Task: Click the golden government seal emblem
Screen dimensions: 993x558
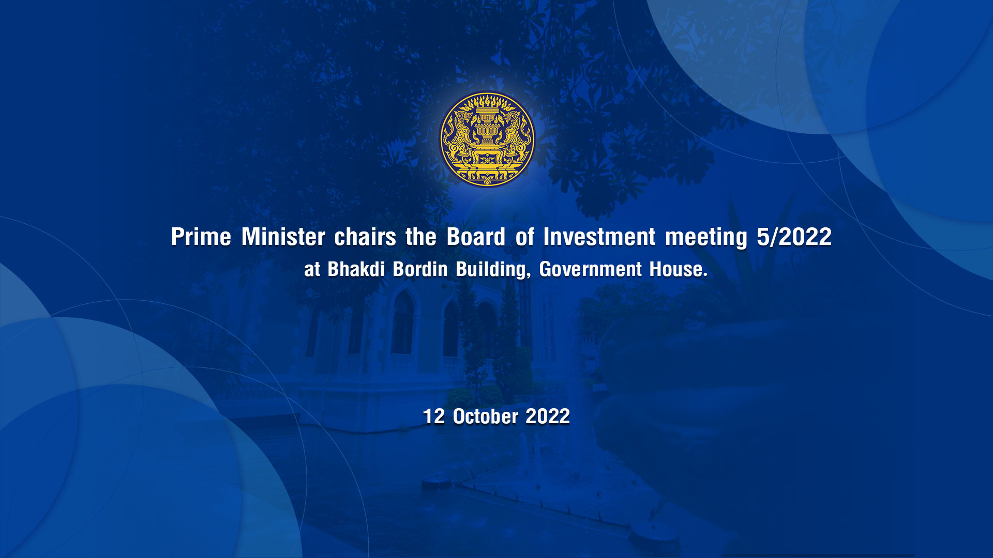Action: (487, 139)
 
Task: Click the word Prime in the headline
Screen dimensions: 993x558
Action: (201, 237)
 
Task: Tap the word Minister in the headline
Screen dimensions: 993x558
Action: (283, 237)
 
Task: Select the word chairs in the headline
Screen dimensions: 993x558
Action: (365, 237)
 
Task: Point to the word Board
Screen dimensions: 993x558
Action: (476, 237)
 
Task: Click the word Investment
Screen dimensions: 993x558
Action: (599, 237)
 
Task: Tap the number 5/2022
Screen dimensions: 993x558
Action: (794, 237)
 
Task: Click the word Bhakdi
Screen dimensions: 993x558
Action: (356, 269)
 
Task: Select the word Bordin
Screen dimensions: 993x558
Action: (420, 269)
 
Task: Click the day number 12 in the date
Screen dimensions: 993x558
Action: (434, 416)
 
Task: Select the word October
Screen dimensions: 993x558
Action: (486, 416)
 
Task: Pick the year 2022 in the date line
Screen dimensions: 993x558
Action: (548, 416)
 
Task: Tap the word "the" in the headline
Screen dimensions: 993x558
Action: (421, 237)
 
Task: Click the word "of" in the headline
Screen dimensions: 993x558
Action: (524, 237)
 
